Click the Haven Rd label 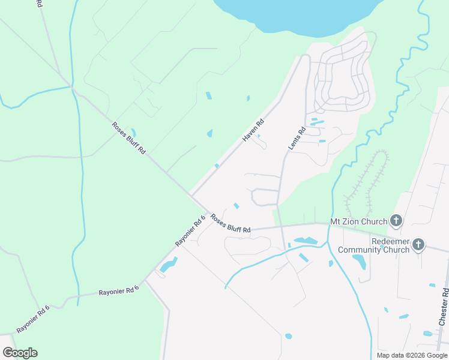click(253, 130)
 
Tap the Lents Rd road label click(297, 138)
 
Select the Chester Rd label click(444, 307)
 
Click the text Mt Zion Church click(359, 221)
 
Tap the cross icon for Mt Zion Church click(396, 221)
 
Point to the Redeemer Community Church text click(373, 245)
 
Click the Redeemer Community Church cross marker click(418, 245)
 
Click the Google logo click(20, 353)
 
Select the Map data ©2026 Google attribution click(411, 355)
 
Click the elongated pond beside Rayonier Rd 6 click(168, 265)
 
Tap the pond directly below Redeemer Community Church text click(359, 262)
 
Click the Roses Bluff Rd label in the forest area click(128, 138)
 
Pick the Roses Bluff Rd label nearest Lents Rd click(231, 224)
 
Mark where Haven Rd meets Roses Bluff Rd click(191, 194)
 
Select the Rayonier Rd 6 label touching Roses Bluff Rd click(190, 230)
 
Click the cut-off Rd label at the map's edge click(39, 4)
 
